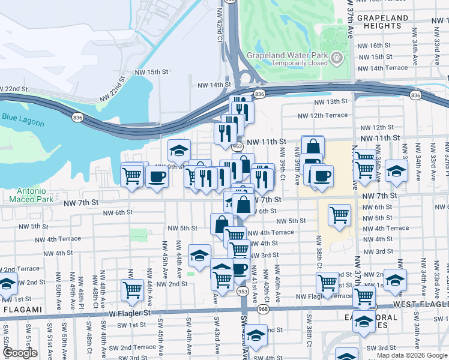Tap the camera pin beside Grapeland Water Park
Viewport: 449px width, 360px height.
(x=337, y=58)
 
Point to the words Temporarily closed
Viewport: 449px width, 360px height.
(x=299, y=63)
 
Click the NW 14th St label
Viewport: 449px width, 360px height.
(x=211, y=85)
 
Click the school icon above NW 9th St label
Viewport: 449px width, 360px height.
(x=179, y=149)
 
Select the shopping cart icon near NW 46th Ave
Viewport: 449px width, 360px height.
(x=132, y=290)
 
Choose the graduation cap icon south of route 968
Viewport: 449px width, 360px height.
(x=256, y=335)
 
